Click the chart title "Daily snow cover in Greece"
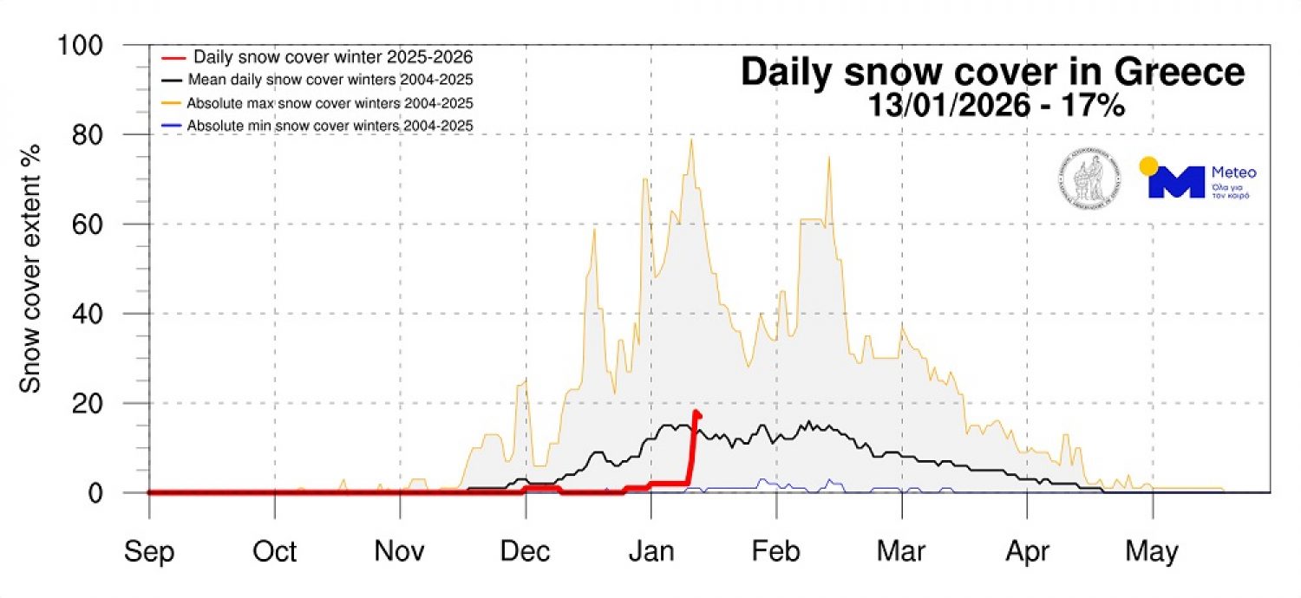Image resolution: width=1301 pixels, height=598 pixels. coord(992,73)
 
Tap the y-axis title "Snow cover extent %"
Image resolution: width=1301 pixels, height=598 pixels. coord(31,270)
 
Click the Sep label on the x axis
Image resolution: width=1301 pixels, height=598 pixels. coord(149,551)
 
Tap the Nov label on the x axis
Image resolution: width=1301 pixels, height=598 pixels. coord(400,551)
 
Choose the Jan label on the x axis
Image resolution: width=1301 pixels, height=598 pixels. coord(650,551)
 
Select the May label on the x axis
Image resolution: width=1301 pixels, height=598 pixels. coord(1152,551)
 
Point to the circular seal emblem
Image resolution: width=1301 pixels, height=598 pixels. coord(1089,179)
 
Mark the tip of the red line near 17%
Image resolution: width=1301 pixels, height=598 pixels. coord(697,413)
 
